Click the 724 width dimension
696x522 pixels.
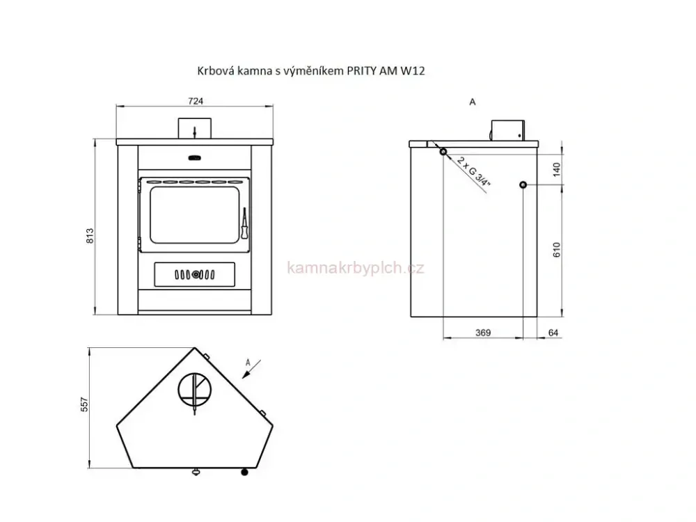tap(196, 101)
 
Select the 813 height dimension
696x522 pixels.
tap(90, 236)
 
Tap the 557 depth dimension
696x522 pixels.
tap(85, 404)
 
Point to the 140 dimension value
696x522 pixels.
tap(557, 170)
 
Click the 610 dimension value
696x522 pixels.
tap(557, 250)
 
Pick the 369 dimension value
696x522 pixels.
tap(483, 333)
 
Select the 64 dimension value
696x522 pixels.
tap(553, 333)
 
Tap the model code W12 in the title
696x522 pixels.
tap(413, 70)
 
